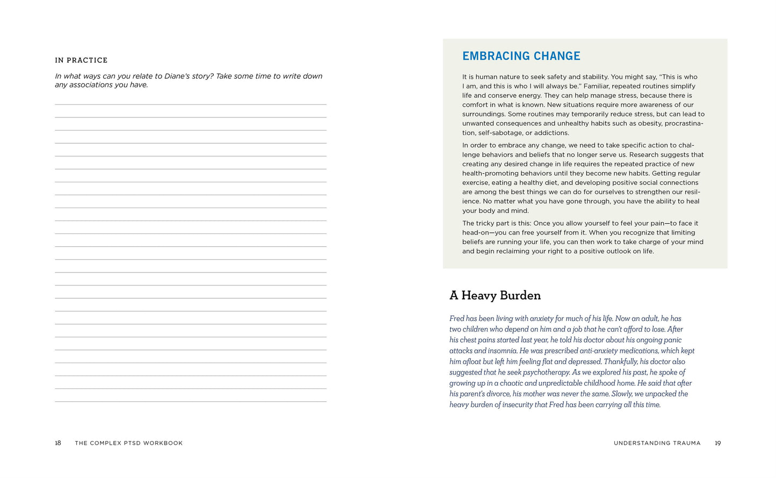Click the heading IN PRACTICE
pos(81,60)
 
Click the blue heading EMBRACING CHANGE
pos(521,56)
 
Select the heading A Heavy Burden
pos(495,296)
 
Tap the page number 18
pos(58,443)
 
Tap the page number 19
pos(717,443)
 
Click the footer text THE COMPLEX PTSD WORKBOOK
pos(129,443)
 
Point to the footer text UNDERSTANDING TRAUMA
pos(657,443)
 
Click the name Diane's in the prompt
pos(177,76)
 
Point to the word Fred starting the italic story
pos(456,319)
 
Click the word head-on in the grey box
pos(475,233)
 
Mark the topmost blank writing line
pos(190,104)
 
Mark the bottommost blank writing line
pos(190,401)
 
